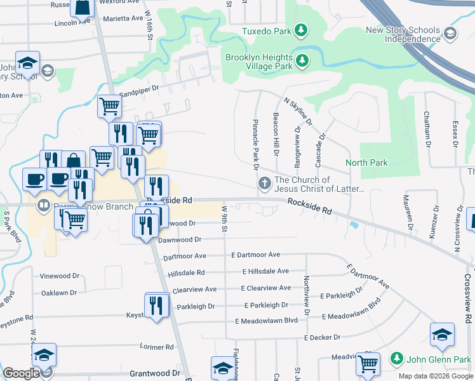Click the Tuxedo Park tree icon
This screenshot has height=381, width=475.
click(x=302, y=30)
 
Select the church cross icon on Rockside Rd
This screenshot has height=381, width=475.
click(x=264, y=184)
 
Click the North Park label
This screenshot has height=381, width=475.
click(x=366, y=163)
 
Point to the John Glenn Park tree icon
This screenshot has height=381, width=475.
click(x=397, y=359)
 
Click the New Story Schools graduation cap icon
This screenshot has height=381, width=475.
click(x=450, y=34)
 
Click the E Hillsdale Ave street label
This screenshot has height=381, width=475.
click(x=266, y=271)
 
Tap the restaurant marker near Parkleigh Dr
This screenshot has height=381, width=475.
click(x=156, y=305)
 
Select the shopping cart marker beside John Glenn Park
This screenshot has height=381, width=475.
click(x=368, y=364)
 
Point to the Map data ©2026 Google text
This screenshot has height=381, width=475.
click(x=435, y=376)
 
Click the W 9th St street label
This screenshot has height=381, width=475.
click(x=224, y=218)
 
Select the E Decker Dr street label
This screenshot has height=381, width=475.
click(x=326, y=337)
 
